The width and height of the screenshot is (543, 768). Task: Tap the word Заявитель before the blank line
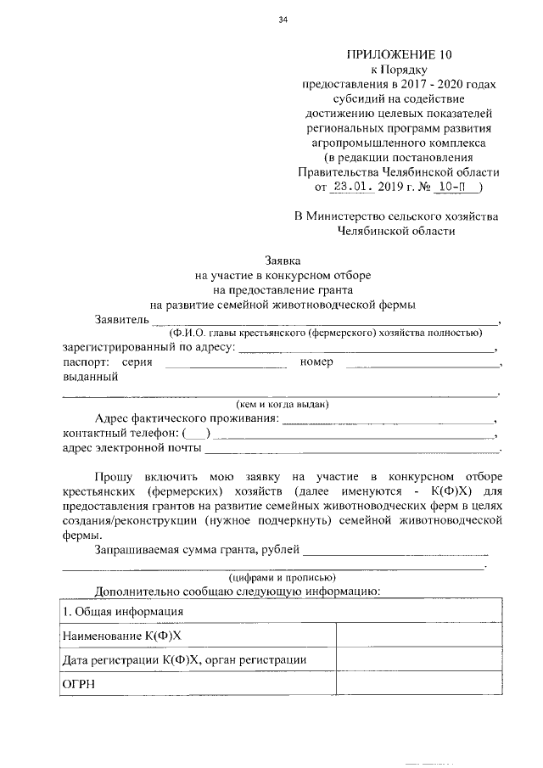click(122, 319)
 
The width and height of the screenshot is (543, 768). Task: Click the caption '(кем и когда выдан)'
click(282, 404)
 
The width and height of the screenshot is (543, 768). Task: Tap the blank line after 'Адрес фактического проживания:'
click(387, 420)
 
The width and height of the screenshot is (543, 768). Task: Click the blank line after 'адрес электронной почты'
click(352, 448)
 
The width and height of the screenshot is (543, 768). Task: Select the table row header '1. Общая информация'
click(124, 611)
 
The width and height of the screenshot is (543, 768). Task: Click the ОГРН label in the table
click(80, 683)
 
